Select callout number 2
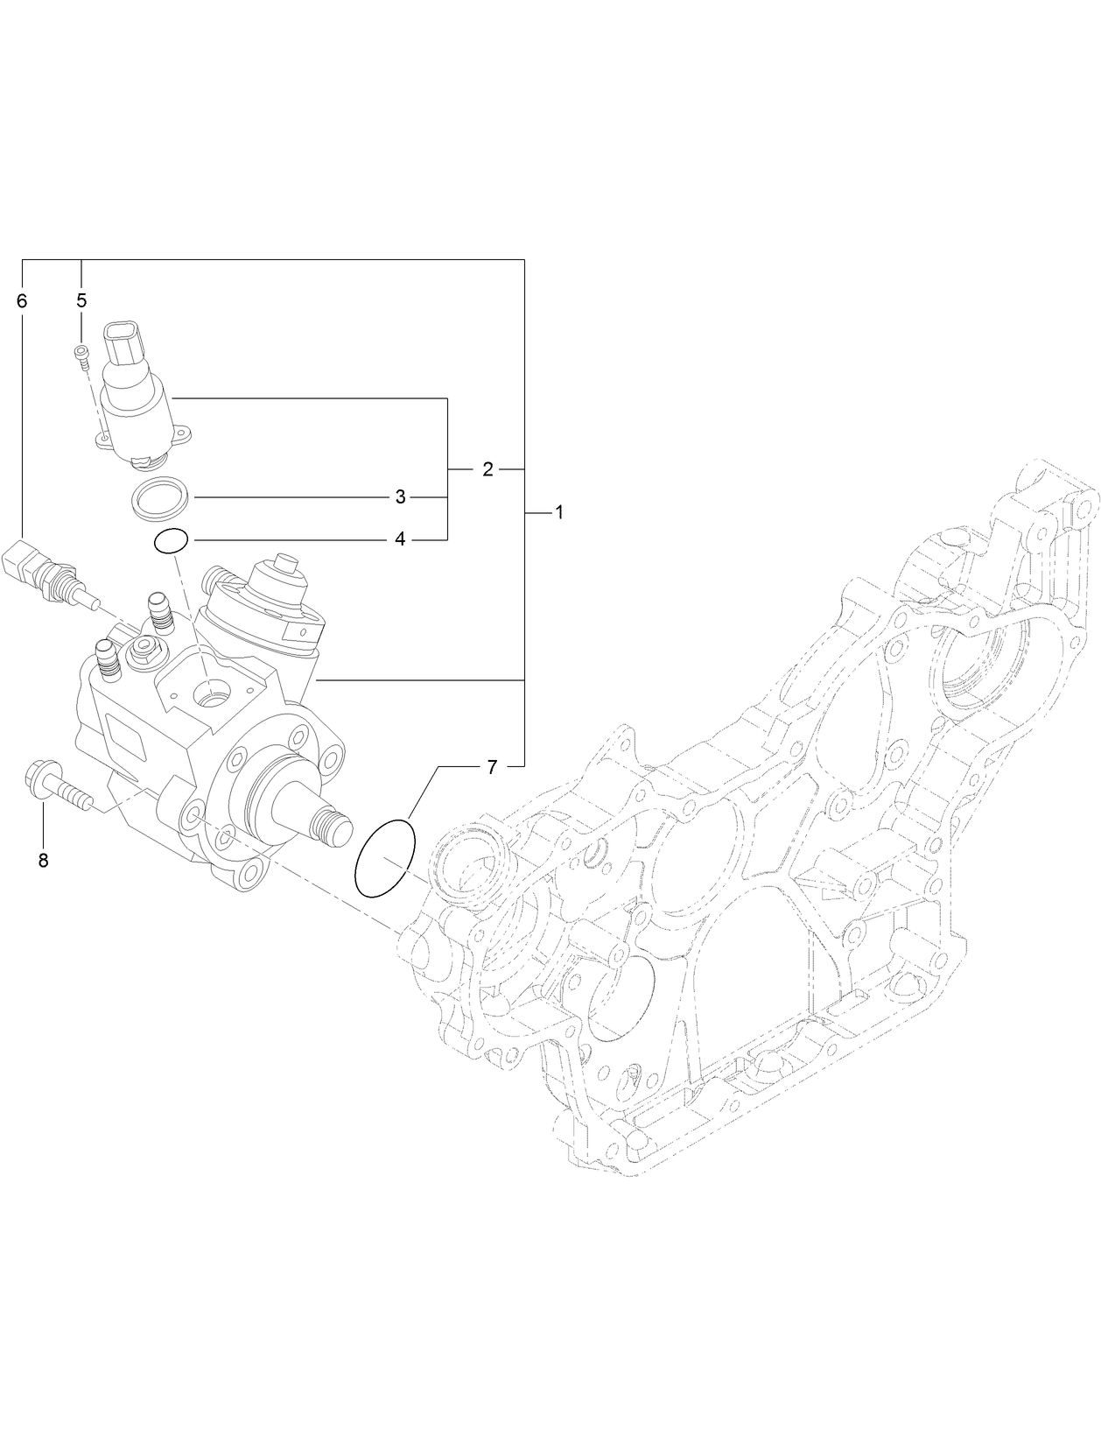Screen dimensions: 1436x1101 click(x=487, y=469)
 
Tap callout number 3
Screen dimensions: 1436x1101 click(x=400, y=497)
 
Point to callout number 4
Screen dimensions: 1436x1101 click(x=400, y=539)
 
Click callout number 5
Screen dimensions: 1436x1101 click(x=81, y=300)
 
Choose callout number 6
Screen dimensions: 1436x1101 click(x=22, y=300)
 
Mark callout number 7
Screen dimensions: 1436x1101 click(x=491, y=767)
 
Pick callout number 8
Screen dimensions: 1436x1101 click(x=43, y=860)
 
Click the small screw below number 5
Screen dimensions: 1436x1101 click(x=82, y=353)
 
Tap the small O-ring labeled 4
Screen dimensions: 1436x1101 click(x=171, y=542)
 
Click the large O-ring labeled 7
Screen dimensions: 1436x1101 click(x=384, y=857)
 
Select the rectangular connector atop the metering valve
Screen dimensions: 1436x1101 click(x=123, y=344)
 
